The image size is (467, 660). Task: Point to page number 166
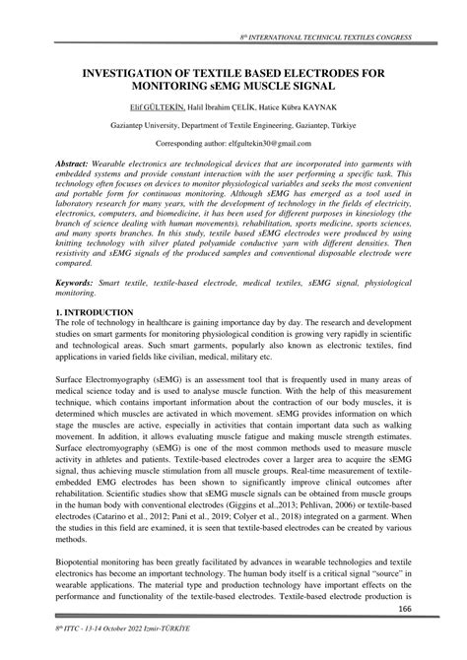click(x=403, y=611)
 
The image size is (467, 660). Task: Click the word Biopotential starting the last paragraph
click(x=86, y=561)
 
